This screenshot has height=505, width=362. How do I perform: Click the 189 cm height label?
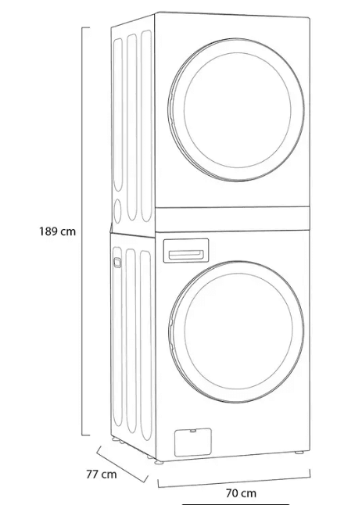(x=57, y=231)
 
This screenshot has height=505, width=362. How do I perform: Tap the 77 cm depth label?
(x=101, y=475)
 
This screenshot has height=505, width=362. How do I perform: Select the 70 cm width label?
(x=241, y=493)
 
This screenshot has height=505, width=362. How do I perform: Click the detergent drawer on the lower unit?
(x=186, y=251)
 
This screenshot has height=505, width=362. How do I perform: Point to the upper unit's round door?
(x=236, y=109)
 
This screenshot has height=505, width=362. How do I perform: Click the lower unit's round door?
(x=236, y=331)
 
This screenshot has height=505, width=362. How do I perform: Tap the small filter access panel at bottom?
(x=193, y=442)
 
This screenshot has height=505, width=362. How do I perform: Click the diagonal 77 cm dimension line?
(x=122, y=464)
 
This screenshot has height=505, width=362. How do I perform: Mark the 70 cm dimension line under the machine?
(x=234, y=481)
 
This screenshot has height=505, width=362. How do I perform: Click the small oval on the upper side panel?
(x=117, y=211)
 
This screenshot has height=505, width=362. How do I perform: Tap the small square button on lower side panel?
(x=117, y=262)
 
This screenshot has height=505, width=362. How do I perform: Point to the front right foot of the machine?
(x=299, y=453)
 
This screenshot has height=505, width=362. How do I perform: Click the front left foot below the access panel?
(x=159, y=462)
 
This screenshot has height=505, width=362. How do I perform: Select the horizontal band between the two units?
(x=232, y=220)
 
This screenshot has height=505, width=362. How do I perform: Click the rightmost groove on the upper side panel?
(x=146, y=126)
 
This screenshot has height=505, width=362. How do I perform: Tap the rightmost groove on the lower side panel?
(x=146, y=346)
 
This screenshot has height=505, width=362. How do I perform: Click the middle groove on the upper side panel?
(x=131, y=127)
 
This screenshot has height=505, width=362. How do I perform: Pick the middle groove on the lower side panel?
(x=131, y=341)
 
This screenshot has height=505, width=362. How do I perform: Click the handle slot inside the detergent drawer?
(x=186, y=255)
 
